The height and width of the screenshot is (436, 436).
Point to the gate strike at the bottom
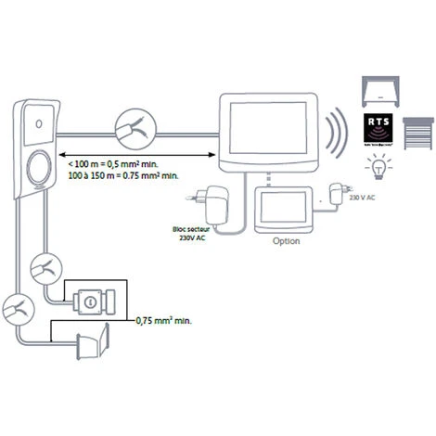[x=93, y=345]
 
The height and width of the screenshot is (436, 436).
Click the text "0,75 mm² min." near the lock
[x=168, y=321]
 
